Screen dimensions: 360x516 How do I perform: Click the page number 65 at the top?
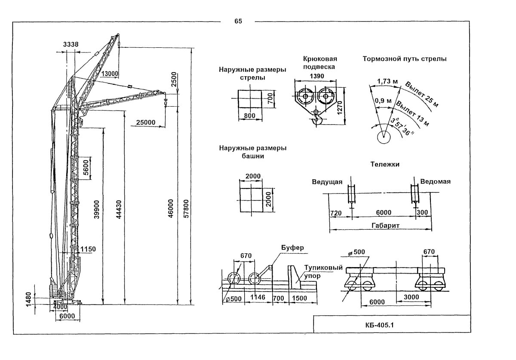coord(238,21)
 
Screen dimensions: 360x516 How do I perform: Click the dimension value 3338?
coord(71,44)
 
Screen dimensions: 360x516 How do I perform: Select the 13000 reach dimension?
coord(110,74)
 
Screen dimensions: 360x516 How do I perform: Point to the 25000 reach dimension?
coord(146,123)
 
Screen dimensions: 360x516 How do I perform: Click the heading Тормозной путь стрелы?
coord(404,58)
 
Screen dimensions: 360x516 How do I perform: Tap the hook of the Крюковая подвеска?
coord(317,120)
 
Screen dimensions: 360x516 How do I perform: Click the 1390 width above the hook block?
coord(316,76)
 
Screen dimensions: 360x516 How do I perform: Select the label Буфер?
coord(292,248)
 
